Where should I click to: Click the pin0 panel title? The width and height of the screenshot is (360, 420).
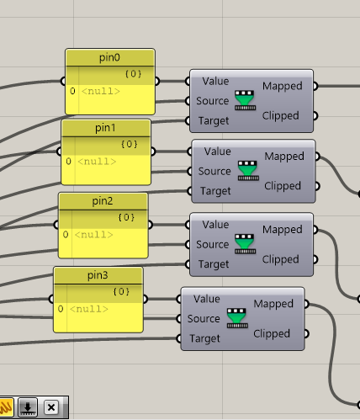pyautogui.click(x=109, y=57)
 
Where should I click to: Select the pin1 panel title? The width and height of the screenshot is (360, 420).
pyautogui.click(x=105, y=128)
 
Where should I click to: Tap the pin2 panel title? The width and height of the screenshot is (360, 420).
pyautogui.click(x=103, y=201)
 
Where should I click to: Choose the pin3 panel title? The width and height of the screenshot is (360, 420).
pyautogui.click(x=98, y=275)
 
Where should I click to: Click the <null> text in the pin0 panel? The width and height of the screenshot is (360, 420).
pyautogui.click(x=101, y=91)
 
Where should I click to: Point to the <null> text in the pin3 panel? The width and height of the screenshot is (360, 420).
pyautogui.click(x=89, y=309)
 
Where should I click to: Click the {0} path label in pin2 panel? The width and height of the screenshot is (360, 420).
pyautogui.click(x=126, y=217)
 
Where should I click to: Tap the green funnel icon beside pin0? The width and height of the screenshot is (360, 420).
pyautogui.click(x=245, y=100)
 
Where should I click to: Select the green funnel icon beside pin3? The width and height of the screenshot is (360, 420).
pyautogui.click(x=237, y=318)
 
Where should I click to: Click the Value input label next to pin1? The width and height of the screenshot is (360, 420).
pyautogui.click(x=218, y=152)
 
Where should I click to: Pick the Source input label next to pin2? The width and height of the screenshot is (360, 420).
pyautogui.click(x=213, y=244)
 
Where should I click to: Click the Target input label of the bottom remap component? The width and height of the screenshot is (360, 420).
pyautogui.click(x=204, y=338)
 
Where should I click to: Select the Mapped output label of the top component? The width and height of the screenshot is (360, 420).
pyautogui.click(x=283, y=86)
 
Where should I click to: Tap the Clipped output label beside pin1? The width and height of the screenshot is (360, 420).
pyautogui.click(x=283, y=186)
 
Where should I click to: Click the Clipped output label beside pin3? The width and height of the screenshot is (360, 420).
pyautogui.click(x=272, y=334)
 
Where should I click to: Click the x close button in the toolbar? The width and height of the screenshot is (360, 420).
pyautogui.click(x=51, y=407)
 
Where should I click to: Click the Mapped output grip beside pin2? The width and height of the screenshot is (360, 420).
pyautogui.click(x=315, y=230)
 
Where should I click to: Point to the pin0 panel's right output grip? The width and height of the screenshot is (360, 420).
pyautogui.click(x=156, y=82)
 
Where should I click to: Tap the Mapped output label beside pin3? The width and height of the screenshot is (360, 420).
pyautogui.click(x=273, y=304)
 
